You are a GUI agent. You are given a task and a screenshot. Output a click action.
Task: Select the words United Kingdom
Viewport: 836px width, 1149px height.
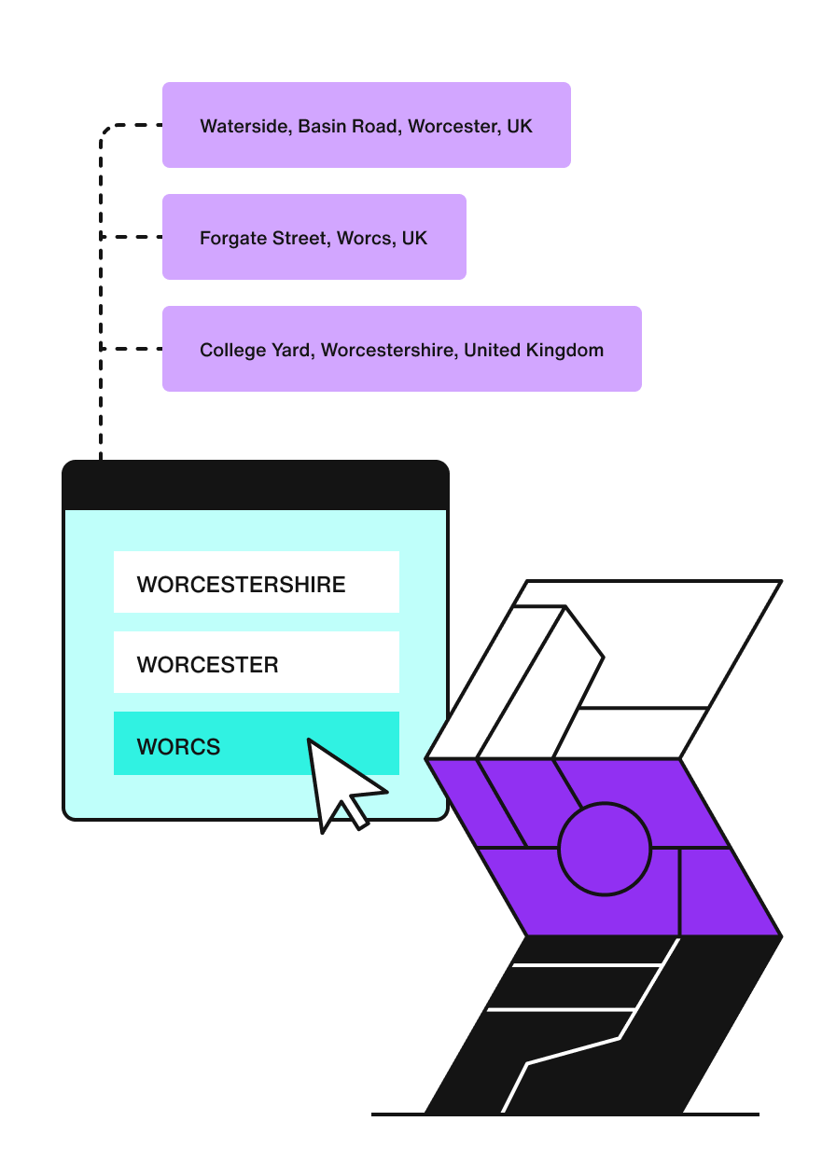click(x=534, y=350)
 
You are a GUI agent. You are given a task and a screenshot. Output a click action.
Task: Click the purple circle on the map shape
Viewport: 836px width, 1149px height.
click(x=604, y=850)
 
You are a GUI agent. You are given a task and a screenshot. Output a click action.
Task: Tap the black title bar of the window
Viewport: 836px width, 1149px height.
click(x=256, y=485)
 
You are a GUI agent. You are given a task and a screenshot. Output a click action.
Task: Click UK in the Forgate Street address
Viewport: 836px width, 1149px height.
click(x=414, y=238)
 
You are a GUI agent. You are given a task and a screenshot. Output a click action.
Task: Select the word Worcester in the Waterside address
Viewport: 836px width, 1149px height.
click(x=452, y=126)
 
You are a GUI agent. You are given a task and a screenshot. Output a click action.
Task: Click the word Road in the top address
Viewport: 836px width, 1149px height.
click(x=374, y=126)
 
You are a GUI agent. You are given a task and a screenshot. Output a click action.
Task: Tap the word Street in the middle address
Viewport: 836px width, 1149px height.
click(x=297, y=238)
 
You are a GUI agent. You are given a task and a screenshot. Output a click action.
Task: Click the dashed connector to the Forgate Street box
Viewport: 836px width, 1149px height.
click(x=131, y=237)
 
